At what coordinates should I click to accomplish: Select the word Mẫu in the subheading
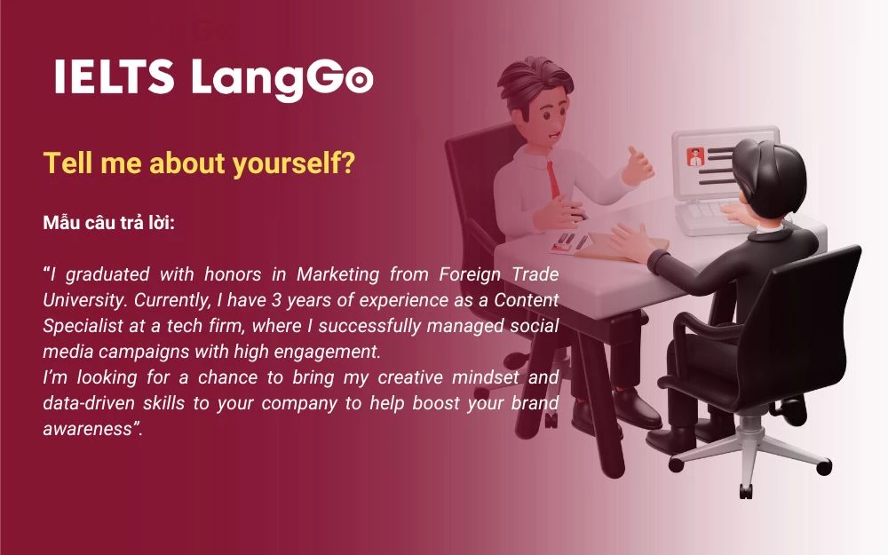pos(62,222)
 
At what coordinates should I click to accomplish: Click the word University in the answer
pos(80,299)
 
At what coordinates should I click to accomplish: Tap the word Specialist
pos(79,325)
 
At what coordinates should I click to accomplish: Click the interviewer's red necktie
pos(554,177)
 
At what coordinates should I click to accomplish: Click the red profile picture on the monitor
pos(695,157)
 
